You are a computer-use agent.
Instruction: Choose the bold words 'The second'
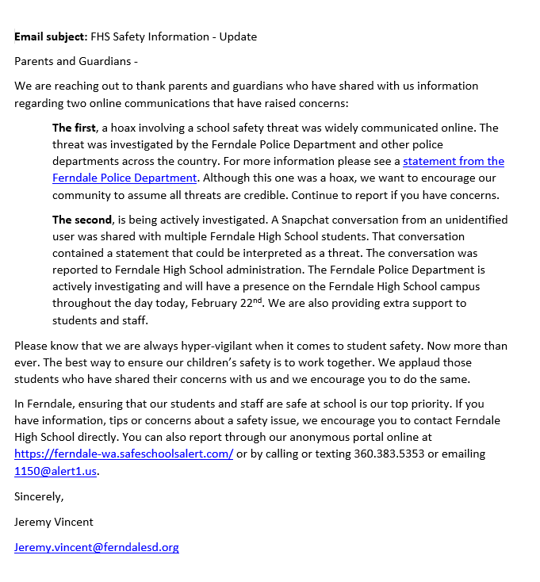(x=82, y=220)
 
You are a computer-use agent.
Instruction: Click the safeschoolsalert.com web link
(x=124, y=454)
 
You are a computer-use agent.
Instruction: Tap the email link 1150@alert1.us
(x=56, y=471)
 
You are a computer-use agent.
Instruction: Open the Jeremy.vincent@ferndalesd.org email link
(x=97, y=546)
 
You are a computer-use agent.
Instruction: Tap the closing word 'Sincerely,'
(x=39, y=496)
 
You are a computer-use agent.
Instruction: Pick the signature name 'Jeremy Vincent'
(x=54, y=522)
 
